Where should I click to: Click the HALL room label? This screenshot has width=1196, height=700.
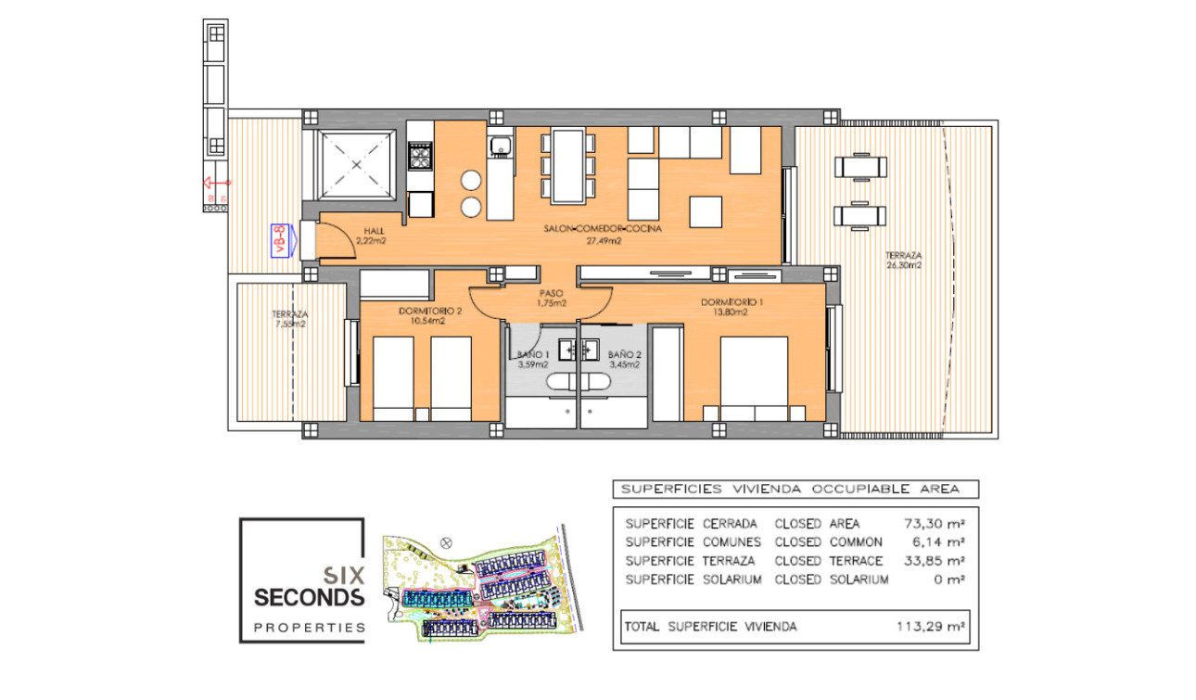click(374, 230)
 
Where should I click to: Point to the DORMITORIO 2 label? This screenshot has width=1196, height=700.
click(428, 312)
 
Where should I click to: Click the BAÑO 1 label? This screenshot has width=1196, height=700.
click(533, 355)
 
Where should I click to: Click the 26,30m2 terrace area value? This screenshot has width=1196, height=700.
click(903, 265)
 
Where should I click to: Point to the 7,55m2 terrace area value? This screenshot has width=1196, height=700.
click(289, 325)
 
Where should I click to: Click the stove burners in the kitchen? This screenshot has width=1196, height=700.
click(421, 155)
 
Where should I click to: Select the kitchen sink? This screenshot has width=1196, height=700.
click(501, 146)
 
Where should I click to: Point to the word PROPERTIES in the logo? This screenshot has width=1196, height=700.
click(310, 628)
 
